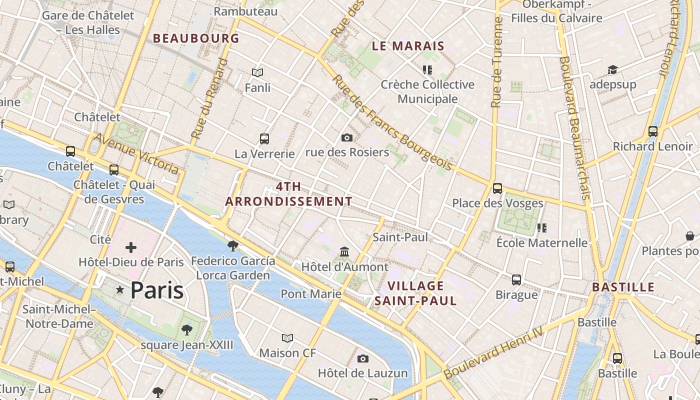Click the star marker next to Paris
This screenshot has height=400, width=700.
pyautogui.click(x=120, y=290)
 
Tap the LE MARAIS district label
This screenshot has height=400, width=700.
pyautogui.click(x=408, y=46)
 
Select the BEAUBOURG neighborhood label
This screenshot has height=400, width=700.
pyautogui.click(x=196, y=38)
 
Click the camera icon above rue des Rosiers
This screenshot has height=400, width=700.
pyautogui.click(x=346, y=137)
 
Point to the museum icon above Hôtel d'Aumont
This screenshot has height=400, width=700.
pyautogui.click(x=344, y=251)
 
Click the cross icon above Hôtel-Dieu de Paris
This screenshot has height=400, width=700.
pyautogui.click(x=131, y=247)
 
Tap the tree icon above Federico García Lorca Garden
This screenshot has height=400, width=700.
pyautogui.click(x=232, y=245)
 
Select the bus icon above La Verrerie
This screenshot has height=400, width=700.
pyautogui.click(x=264, y=138)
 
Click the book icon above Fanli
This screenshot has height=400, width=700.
pyautogui.click(x=257, y=72)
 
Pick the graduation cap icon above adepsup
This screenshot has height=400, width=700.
pyautogui.click(x=612, y=69)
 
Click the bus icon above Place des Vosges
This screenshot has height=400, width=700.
pyautogui.click(x=497, y=188)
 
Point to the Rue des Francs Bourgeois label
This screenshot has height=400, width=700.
pyautogui.click(x=392, y=123)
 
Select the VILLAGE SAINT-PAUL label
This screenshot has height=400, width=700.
pyautogui.click(x=415, y=293)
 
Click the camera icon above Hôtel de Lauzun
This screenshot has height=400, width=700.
pyautogui.click(x=363, y=358)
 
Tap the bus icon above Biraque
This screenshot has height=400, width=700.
pyautogui.click(x=516, y=280)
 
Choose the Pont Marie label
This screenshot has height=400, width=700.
pyautogui.click(x=311, y=293)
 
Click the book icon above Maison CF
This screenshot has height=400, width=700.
pyautogui.click(x=287, y=338)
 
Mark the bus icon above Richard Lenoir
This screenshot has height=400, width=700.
pyautogui.click(x=652, y=131)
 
